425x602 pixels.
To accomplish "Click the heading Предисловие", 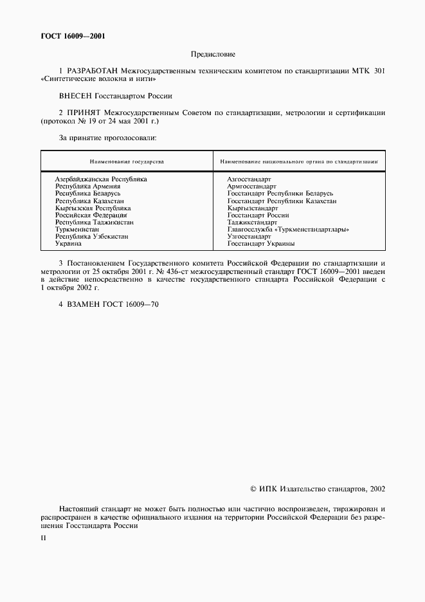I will [212, 55].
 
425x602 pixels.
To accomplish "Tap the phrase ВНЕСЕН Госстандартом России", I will [116, 96].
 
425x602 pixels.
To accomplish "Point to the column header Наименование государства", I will [127, 161].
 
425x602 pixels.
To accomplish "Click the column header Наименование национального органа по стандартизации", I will [298, 161].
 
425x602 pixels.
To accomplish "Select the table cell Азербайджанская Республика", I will [101, 179].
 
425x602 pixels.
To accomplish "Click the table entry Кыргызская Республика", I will [93, 208].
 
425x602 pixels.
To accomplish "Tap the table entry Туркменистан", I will [77, 230].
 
